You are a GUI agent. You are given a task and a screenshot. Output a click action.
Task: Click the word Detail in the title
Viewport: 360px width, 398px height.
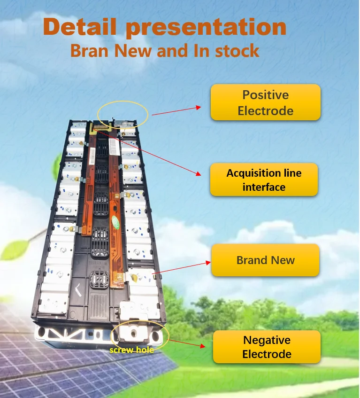tap(80, 27)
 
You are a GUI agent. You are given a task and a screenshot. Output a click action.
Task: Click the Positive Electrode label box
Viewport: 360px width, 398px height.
tap(265, 102)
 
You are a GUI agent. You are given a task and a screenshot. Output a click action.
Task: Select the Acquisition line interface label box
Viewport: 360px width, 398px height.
tap(264, 179)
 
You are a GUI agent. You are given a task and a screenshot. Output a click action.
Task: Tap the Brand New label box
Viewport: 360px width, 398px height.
tap(265, 260)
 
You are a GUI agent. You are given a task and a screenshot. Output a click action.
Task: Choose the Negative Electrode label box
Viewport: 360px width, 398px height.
tap(267, 347)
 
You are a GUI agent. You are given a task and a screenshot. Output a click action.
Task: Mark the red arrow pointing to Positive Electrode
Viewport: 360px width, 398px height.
tap(176, 110)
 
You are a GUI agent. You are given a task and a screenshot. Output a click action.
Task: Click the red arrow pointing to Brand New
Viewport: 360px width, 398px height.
tap(180, 266)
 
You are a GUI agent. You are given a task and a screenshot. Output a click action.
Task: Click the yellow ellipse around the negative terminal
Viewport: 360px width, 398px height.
tap(139, 335)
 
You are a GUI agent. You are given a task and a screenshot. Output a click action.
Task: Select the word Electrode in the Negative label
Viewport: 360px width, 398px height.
tap(267, 354)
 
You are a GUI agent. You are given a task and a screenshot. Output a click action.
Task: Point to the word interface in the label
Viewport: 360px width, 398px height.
tap(264, 187)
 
